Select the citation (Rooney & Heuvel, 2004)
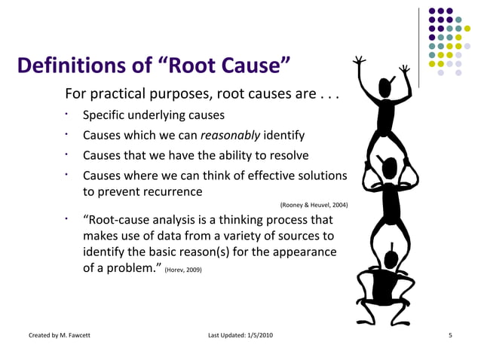pos(313,205)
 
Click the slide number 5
pos(449,334)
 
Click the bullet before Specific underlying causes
pos(67,116)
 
